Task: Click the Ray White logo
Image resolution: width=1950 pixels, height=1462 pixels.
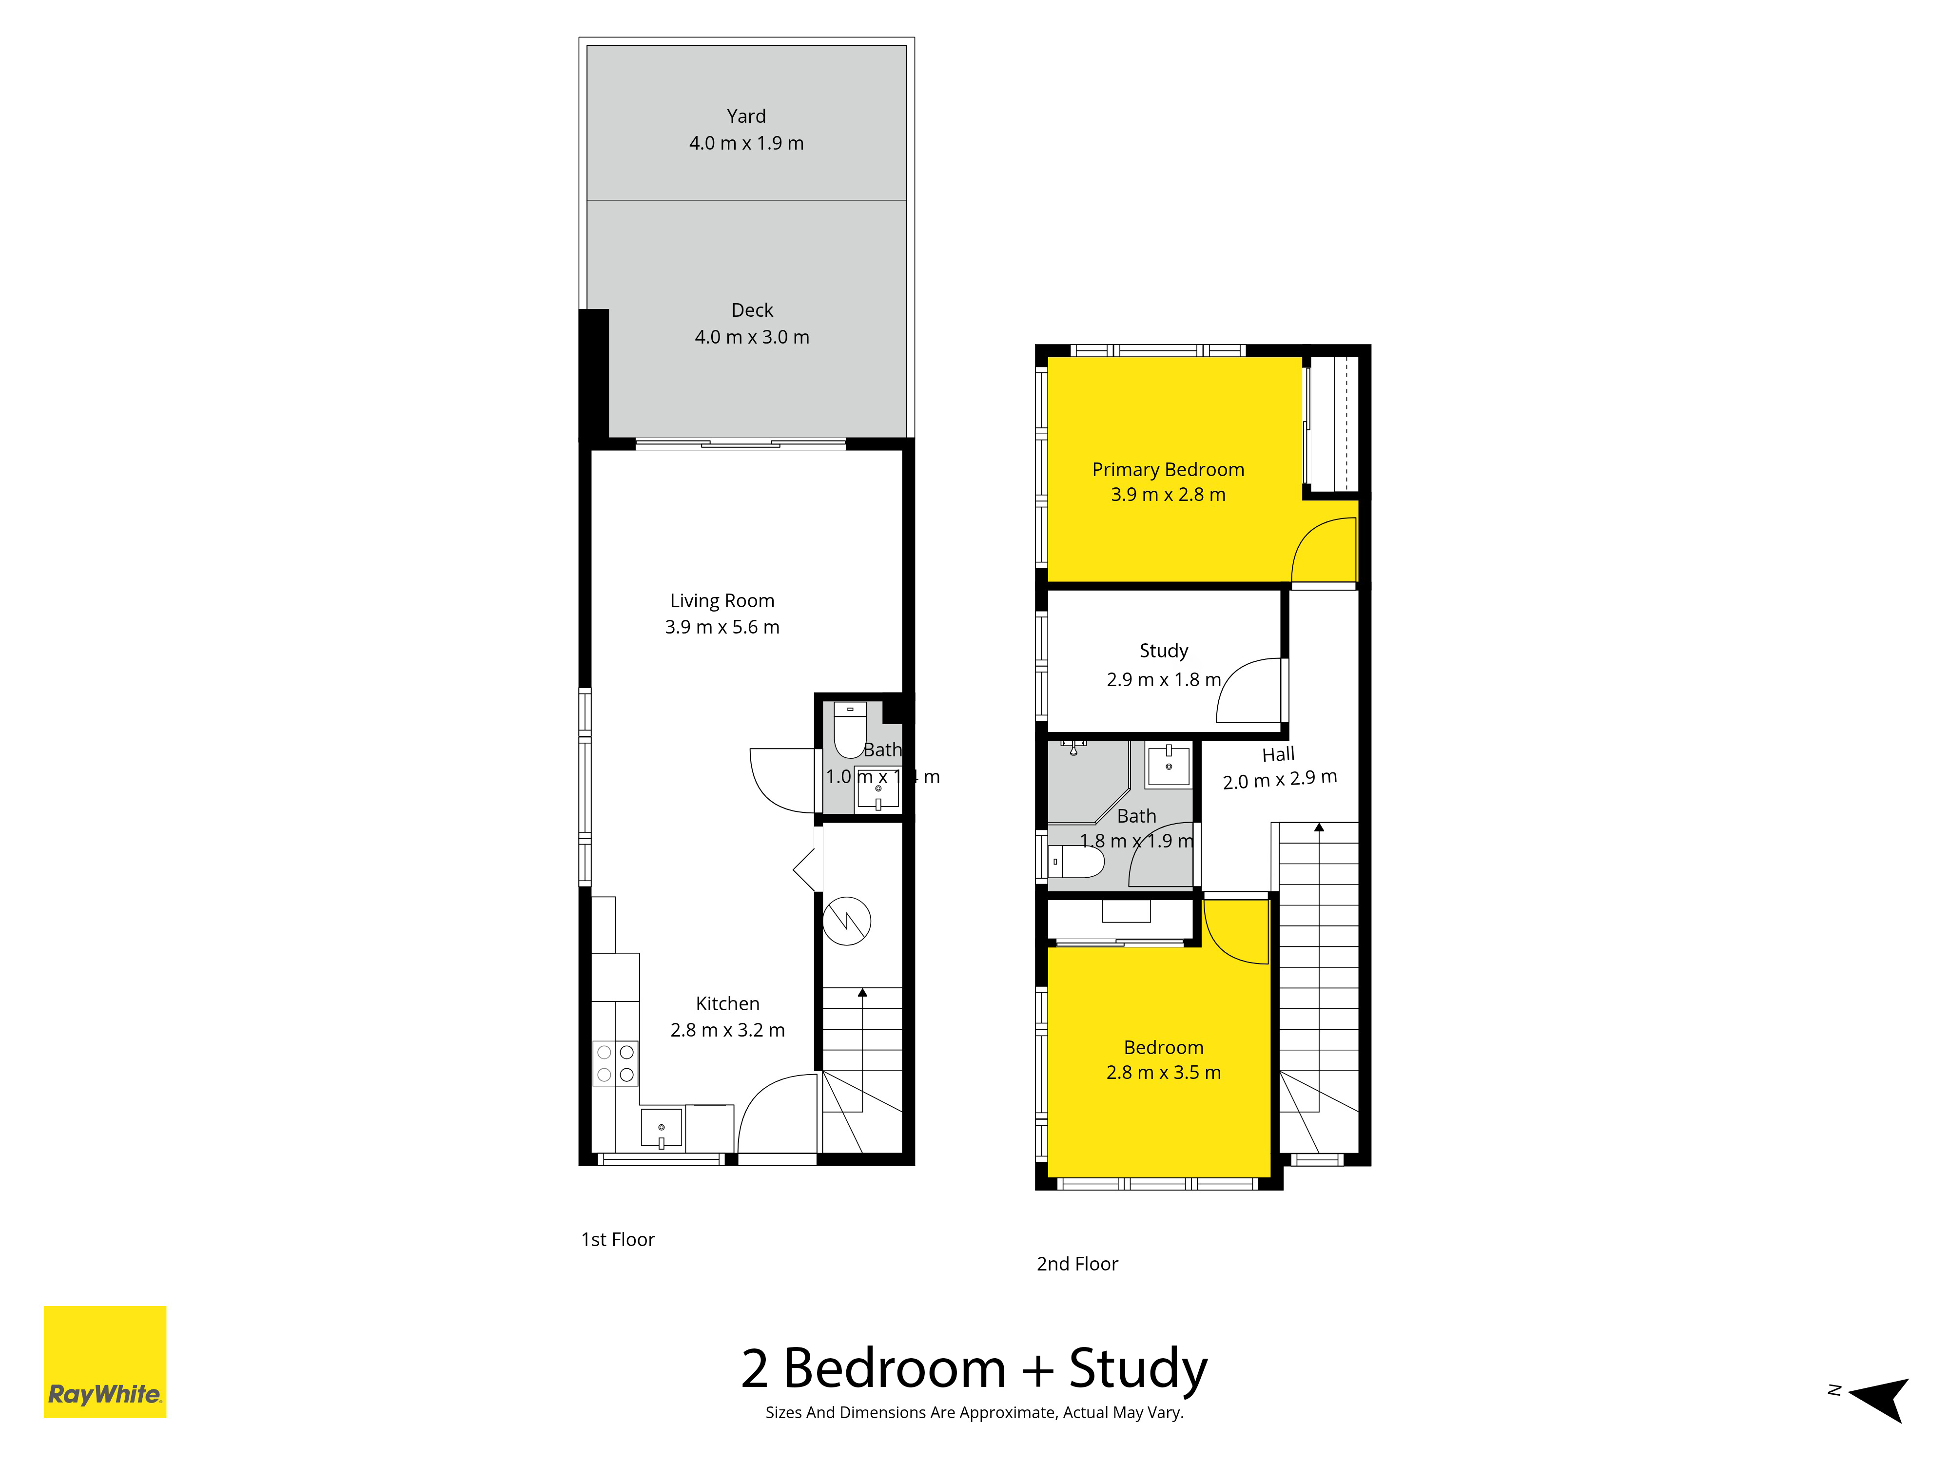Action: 105,1362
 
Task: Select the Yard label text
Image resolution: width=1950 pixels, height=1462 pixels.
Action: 746,116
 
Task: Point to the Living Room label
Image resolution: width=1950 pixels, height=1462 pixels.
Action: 722,601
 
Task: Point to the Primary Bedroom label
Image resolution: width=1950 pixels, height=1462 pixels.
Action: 1168,470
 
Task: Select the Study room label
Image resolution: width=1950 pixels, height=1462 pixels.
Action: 1164,651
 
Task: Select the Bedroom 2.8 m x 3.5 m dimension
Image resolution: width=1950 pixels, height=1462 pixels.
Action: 1164,1073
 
